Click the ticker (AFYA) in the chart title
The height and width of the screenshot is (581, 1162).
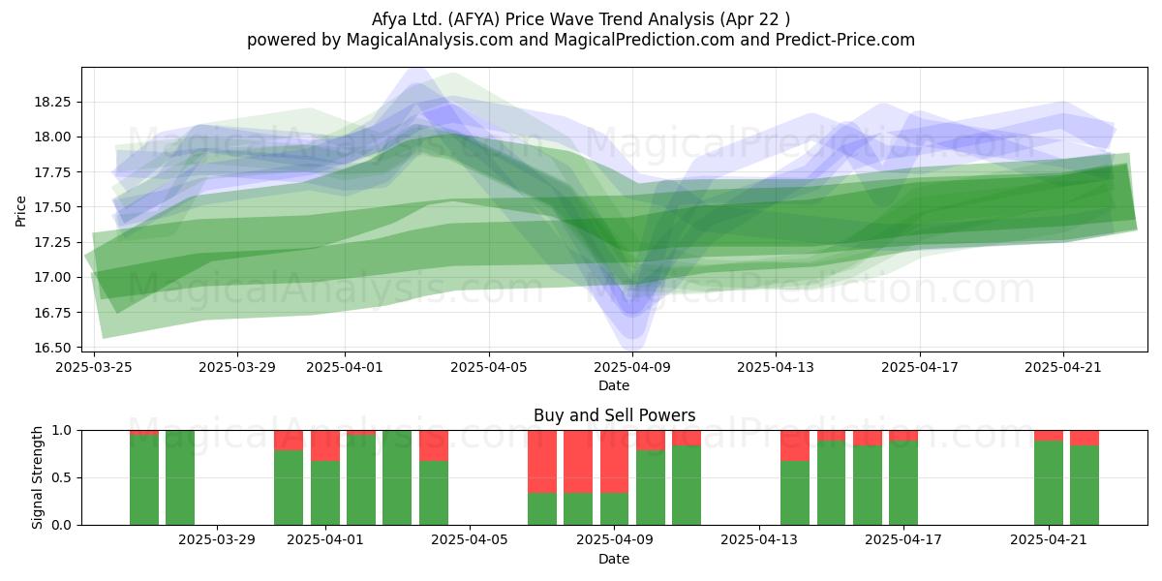(474, 19)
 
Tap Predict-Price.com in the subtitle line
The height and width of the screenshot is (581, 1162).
(845, 40)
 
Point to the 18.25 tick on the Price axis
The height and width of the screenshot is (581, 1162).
(52, 102)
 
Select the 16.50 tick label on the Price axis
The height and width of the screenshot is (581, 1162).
(52, 348)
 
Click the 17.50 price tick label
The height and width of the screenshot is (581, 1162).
(52, 207)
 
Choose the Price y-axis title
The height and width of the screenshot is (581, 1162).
(20, 211)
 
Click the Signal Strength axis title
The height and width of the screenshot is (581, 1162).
(37, 477)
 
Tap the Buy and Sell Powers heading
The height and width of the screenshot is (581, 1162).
(614, 415)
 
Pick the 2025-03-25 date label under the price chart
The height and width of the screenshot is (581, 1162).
(94, 367)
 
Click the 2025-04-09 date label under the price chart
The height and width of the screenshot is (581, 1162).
(632, 367)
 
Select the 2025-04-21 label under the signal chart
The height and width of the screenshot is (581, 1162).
(1049, 540)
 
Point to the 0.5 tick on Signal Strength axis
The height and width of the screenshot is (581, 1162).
(63, 477)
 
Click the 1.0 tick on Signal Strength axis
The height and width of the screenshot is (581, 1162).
(63, 431)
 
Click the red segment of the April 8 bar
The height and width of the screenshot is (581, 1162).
(578, 462)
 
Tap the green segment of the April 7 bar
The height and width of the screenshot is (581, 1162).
(542, 509)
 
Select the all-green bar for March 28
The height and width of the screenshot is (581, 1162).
(180, 477)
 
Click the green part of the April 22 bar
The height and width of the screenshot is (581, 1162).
(1085, 485)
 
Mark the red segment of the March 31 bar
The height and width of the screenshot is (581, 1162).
(289, 441)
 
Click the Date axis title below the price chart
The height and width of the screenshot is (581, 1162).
(614, 385)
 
